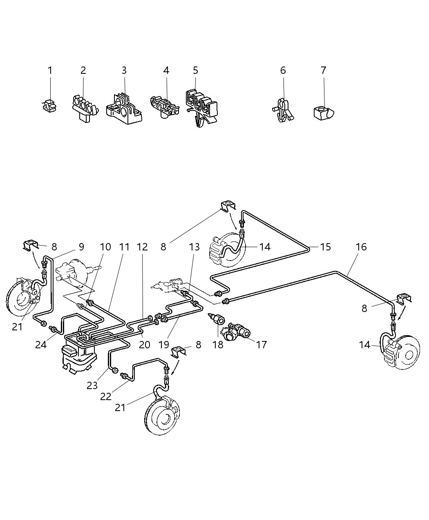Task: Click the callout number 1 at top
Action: pos(50,71)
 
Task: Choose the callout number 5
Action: pos(195,71)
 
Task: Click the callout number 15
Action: pos(325,247)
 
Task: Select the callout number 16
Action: pos(361,247)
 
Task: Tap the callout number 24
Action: pos(41,345)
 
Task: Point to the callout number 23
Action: pos(92,385)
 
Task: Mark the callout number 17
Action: pos(261,345)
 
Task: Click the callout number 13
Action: pos(194,247)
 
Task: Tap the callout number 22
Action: pos(106,396)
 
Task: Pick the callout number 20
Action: pos(144,345)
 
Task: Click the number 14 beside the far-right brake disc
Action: pos(364,345)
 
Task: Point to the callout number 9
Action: pos(81,247)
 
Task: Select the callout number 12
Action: pos(142,247)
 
